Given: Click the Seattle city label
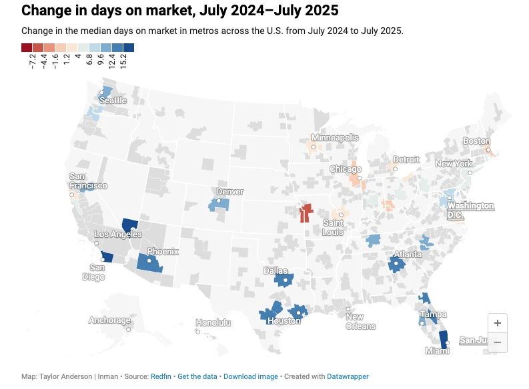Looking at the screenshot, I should tap(112, 101).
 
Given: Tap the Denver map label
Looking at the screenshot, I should tap(229, 192).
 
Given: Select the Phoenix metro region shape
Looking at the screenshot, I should tap(149, 263).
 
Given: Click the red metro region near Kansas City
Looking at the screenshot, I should tap(306, 214).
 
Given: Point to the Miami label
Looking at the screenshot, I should tap(438, 350).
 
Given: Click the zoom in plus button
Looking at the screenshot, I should tap(498, 322).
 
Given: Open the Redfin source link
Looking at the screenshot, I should tap(161, 376).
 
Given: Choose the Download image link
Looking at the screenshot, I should tap(250, 376).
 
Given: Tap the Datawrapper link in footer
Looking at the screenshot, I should tap(348, 376).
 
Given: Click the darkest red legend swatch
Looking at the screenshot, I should tap(27, 47).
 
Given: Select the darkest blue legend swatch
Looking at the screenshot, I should tap(129, 47).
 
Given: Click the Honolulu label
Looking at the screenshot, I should tap(213, 323).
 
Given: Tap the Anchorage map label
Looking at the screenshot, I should tap(110, 320).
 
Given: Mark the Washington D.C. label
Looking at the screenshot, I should tap(470, 210).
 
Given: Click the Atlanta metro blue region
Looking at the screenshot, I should tap(396, 264).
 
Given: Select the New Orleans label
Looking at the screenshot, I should tap(360, 322).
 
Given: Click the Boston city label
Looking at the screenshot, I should tap(476, 141).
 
